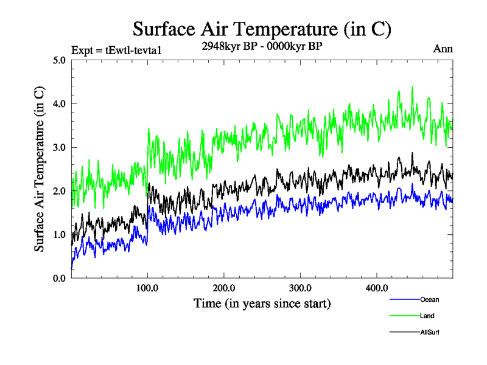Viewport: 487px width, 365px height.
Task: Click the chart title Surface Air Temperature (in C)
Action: (x=262, y=29)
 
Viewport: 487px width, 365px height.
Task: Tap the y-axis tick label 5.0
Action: (x=60, y=60)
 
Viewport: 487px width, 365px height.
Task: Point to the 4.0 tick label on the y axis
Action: (x=60, y=104)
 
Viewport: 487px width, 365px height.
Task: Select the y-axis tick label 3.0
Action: (x=60, y=147)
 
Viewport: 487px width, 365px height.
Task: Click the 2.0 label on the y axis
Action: (x=60, y=191)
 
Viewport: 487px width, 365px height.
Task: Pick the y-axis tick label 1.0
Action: (x=60, y=235)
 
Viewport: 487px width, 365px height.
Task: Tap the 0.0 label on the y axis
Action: (x=60, y=278)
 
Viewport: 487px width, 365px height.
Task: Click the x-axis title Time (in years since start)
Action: (x=262, y=302)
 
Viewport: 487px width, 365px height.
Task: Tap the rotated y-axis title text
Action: (x=39, y=170)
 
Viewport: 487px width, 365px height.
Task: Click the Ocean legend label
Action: (x=429, y=299)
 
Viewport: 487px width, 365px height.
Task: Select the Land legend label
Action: (x=427, y=316)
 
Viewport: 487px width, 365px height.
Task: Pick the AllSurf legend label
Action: (x=430, y=332)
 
